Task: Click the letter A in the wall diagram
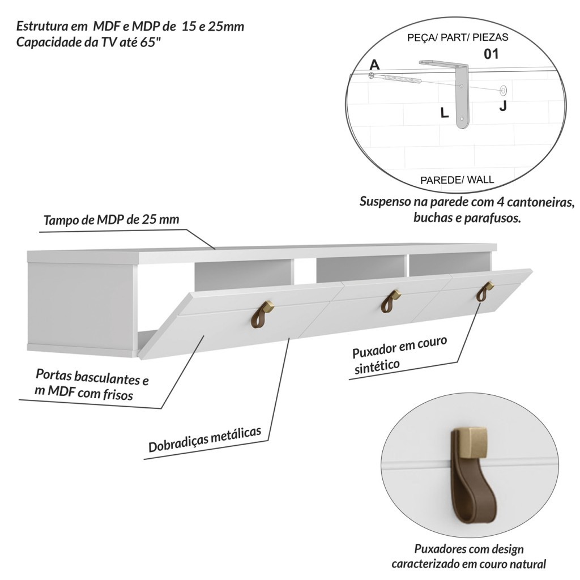tap(375, 65)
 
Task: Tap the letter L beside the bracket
tap(444, 113)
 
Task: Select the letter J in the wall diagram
tap(503, 106)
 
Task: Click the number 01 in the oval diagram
tap(491, 54)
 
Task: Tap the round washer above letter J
tap(503, 90)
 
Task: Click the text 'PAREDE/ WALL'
tap(457, 180)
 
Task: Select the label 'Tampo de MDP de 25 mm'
tap(112, 220)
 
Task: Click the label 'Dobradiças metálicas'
tap(204, 440)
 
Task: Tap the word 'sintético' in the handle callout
tap(377, 366)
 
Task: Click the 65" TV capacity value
tap(151, 42)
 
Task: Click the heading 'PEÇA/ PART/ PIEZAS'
tap(458, 37)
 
